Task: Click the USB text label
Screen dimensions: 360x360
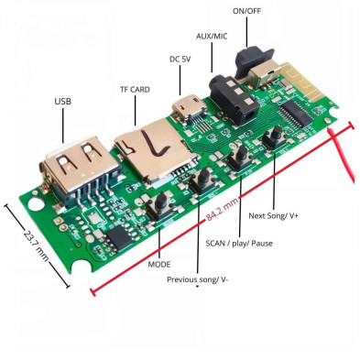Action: (x=62, y=102)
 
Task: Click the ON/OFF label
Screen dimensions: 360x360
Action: (x=246, y=11)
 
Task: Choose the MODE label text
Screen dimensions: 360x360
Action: (x=159, y=264)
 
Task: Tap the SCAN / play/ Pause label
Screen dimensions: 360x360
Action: (x=241, y=244)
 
